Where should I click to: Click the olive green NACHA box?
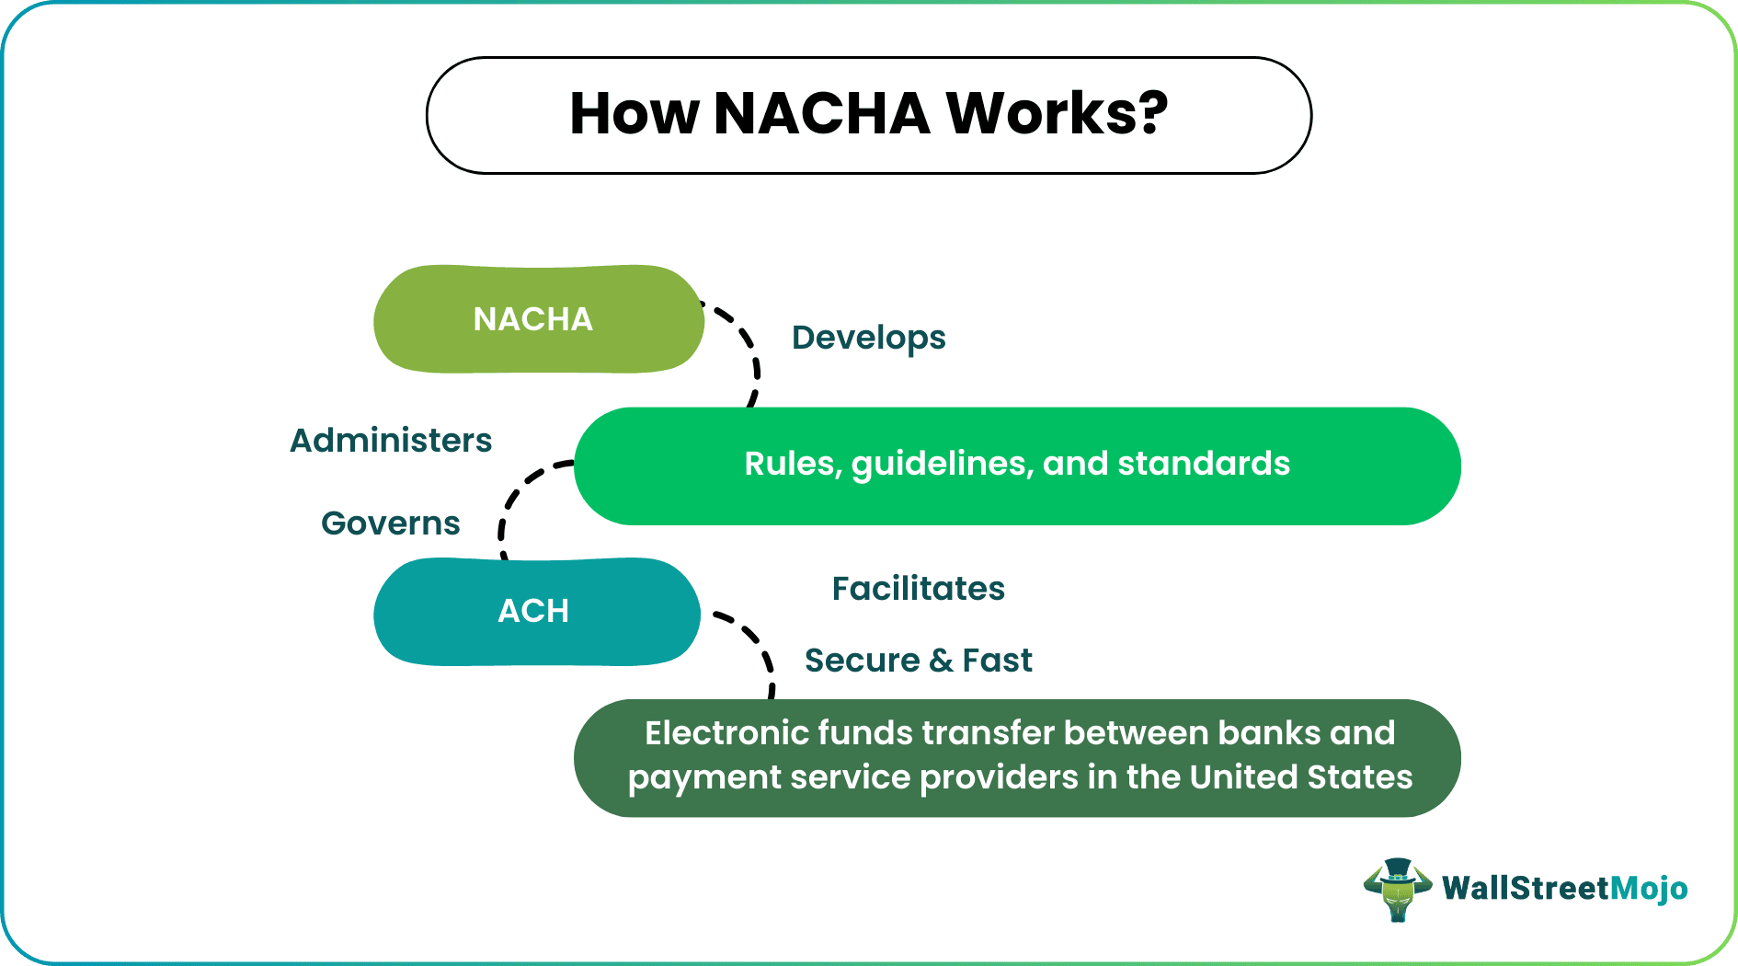coord(538,319)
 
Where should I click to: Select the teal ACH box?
coord(536,611)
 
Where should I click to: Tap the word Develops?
coord(868,338)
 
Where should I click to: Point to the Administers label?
coord(391,441)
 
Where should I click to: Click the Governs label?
coord(390,523)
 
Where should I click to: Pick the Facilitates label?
coord(918,589)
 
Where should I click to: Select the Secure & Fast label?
coord(918,661)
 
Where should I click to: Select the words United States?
coord(1300,777)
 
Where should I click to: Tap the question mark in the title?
coord(1150,114)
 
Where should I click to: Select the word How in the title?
coord(634,114)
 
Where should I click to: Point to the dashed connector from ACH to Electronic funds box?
coord(760,644)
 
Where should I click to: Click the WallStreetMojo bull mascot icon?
coord(1397,889)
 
